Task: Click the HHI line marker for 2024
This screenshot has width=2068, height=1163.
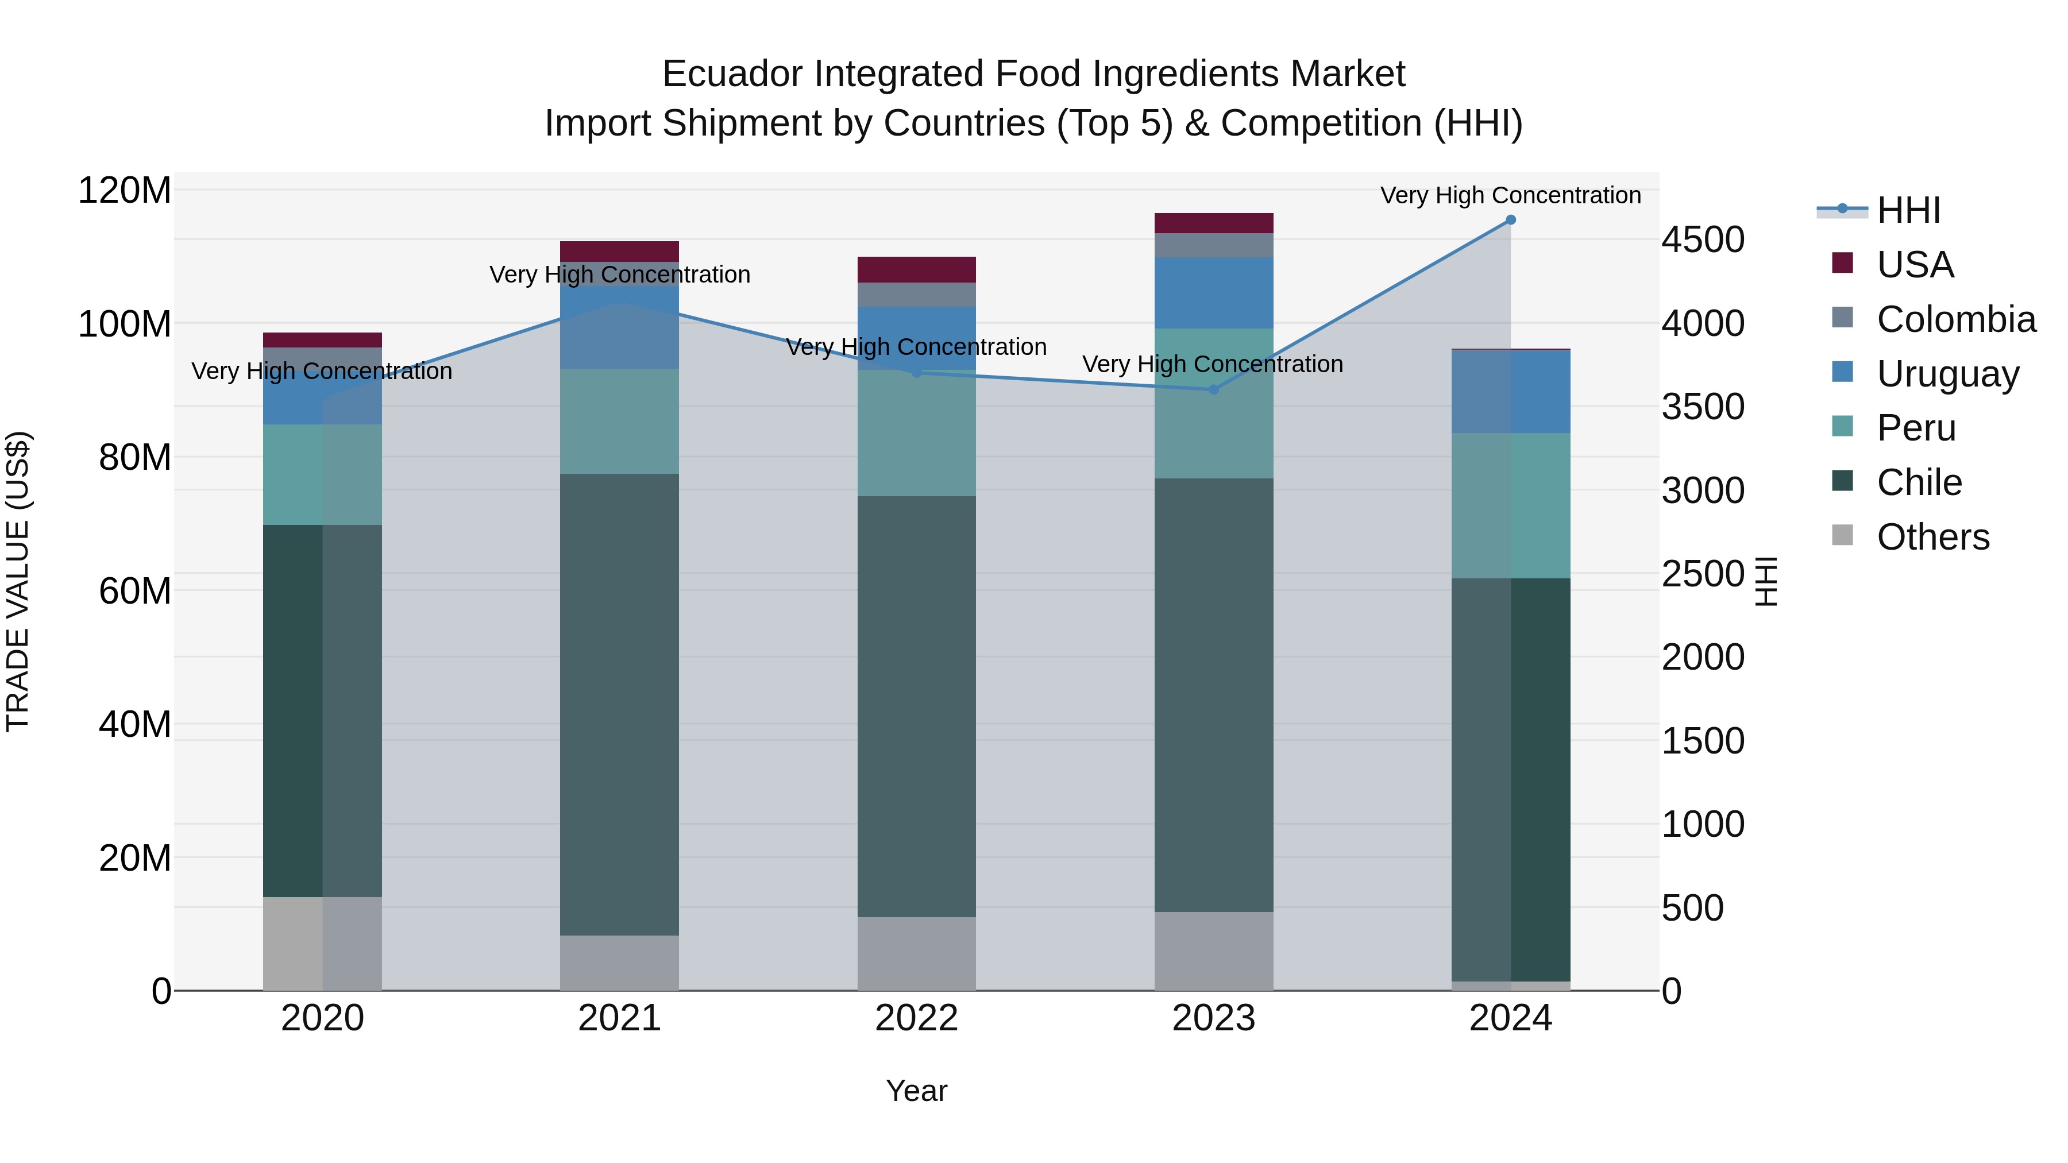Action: click(1510, 220)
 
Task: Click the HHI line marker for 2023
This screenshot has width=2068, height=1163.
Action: click(1213, 390)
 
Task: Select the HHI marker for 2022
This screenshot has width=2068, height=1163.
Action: click(916, 372)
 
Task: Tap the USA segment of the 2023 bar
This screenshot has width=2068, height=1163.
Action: click(1213, 223)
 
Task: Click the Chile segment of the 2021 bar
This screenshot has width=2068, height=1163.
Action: click(619, 704)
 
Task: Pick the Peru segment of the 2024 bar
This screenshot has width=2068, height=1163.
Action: click(1510, 505)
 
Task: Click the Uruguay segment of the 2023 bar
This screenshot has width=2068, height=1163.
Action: click(1213, 293)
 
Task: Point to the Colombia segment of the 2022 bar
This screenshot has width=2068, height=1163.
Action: click(916, 295)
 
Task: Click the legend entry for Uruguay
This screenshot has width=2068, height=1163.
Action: click(1947, 374)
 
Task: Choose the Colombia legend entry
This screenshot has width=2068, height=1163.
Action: click(1955, 319)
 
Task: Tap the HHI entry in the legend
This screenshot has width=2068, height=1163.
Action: click(1907, 210)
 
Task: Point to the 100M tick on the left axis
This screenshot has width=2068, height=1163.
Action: click(125, 324)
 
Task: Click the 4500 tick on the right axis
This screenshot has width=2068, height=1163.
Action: click(1703, 240)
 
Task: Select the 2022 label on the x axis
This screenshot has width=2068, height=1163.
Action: click(916, 1018)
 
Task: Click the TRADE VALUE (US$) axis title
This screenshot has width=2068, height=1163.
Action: click(18, 581)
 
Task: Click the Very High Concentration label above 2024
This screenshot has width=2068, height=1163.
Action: click(1510, 195)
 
